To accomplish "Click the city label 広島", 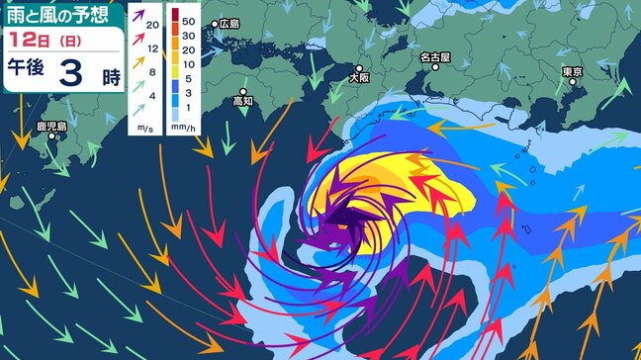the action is click(229, 23).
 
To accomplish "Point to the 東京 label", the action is click(571, 72).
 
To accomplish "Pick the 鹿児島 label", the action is click(47, 127).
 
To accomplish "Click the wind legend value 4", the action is click(150, 94).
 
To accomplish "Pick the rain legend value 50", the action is click(186, 18).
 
